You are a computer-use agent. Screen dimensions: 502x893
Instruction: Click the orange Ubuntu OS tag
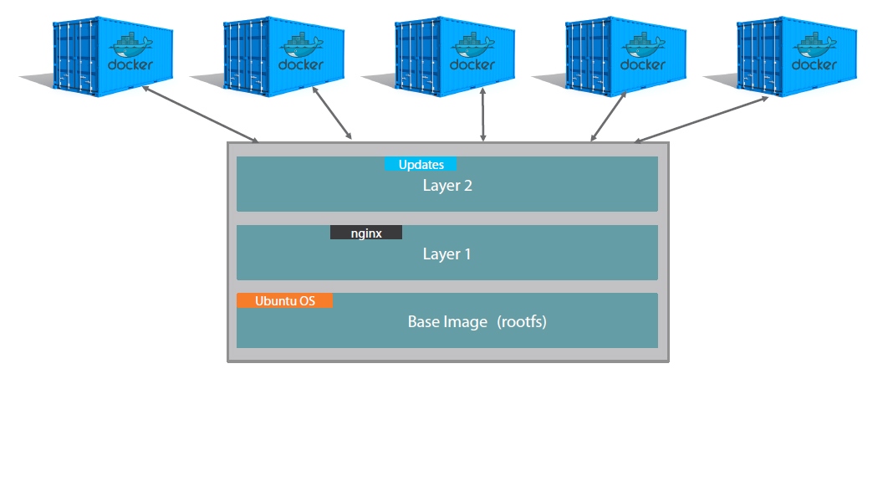coord(284,300)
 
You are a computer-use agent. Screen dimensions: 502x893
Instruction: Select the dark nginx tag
coord(366,233)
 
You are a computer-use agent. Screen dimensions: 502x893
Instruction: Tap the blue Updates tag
coord(420,164)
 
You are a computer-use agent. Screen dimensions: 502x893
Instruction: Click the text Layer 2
coord(447,186)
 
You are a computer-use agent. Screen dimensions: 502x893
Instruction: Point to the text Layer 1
coord(446,254)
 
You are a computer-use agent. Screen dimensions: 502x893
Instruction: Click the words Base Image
coord(447,321)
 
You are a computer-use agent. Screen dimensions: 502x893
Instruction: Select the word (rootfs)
coord(521,321)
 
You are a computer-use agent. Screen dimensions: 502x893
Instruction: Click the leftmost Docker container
coord(112,55)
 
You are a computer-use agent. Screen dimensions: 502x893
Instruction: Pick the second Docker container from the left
coord(283,55)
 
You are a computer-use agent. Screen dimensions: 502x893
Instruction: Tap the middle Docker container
coord(455,55)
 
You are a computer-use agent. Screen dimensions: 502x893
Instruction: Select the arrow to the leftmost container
coord(201,114)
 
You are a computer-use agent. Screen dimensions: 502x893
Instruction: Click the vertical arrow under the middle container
coord(483,114)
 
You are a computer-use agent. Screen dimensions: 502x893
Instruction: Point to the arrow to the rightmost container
coord(702,119)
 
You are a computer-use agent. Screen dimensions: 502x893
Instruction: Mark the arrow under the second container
coord(333,113)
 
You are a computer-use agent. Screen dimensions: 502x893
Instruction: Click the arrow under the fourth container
coord(609,117)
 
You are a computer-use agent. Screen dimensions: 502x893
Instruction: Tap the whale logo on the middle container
coord(473,44)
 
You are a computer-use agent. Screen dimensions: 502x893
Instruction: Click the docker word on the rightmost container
coord(814,64)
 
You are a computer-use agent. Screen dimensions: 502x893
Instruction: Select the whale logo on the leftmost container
coord(130,44)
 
